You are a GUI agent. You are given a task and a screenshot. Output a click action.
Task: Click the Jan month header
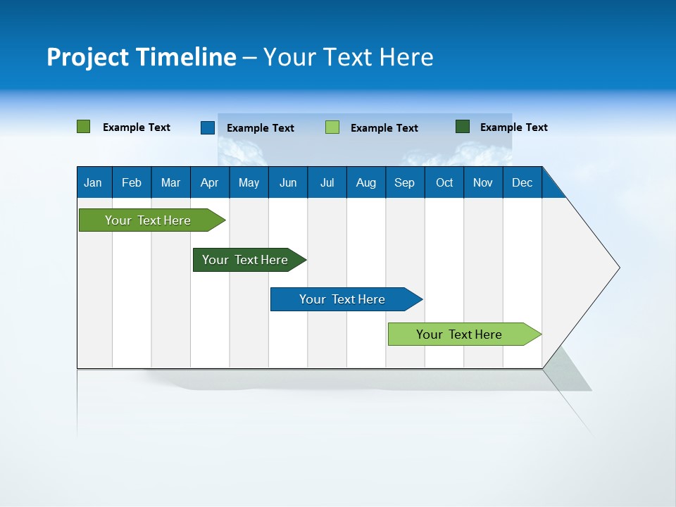(x=93, y=183)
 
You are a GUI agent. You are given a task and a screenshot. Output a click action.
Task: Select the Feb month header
(x=132, y=183)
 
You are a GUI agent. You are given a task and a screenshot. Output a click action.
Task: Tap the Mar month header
(x=170, y=183)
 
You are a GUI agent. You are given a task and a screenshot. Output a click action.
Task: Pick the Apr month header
(x=210, y=183)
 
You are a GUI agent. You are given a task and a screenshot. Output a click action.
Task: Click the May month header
(x=249, y=183)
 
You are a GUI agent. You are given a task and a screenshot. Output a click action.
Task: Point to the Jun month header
(x=288, y=183)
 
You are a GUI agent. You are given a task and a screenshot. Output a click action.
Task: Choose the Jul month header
(x=327, y=183)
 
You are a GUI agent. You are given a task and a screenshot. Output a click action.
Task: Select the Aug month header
(x=366, y=183)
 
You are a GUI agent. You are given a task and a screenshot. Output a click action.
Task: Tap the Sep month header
(x=405, y=183)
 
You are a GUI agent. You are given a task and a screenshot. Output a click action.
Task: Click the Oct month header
(x=444, y=183)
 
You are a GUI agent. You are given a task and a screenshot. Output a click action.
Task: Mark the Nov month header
(x=483, y=183)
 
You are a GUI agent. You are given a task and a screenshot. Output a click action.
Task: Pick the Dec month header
(x=522, y=183)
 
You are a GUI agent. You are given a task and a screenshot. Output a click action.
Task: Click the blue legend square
(x=208, y=127)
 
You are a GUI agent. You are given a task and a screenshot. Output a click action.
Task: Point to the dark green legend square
(x=463, y=127)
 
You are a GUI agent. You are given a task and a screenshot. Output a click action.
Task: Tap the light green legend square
(x=332, y=127)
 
